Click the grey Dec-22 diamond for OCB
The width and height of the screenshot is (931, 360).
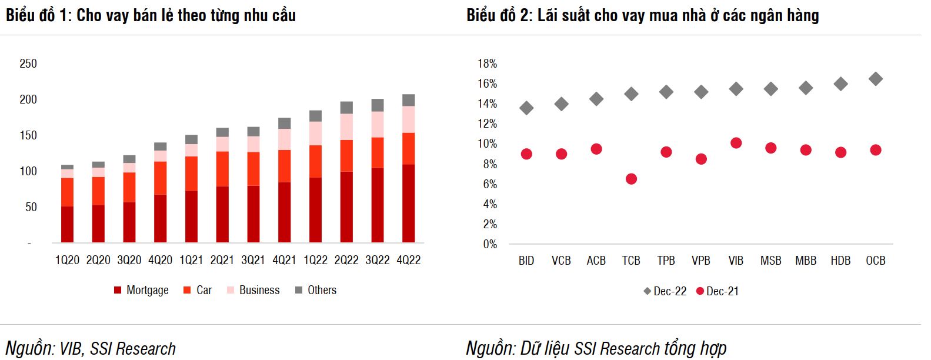875,79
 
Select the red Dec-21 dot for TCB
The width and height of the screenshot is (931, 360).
631,179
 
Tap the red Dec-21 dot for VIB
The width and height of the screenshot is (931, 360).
736,143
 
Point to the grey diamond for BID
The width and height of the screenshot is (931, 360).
526,108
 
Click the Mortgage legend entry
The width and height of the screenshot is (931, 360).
141,290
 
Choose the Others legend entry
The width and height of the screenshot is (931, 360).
316,290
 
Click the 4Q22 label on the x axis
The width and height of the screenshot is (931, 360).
408,260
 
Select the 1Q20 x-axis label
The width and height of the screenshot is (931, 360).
67,260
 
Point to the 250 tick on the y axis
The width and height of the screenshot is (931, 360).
28,64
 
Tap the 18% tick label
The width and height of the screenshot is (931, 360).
487,64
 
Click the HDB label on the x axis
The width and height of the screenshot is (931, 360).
840,261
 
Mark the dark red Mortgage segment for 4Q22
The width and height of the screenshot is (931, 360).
408,203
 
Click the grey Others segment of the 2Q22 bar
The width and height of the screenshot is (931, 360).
346,108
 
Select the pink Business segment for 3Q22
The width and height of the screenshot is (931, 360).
378,124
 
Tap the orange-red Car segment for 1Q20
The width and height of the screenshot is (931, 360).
67,192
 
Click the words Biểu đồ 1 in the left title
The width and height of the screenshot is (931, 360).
38,15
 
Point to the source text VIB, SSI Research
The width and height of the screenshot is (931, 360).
117,349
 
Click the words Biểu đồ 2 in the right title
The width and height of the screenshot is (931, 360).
499,15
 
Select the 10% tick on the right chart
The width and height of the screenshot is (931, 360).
487,144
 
